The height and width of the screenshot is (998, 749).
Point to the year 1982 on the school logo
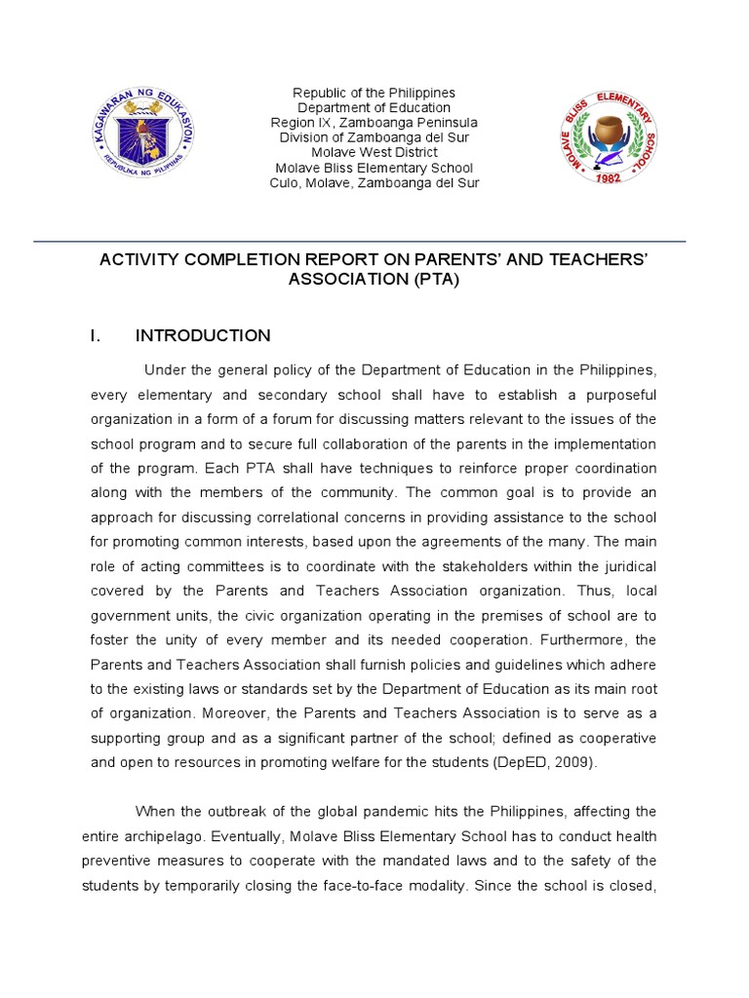coord(610,180)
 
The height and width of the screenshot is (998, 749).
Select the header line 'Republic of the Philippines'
coord(374,93)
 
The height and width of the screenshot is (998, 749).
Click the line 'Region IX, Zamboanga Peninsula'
coord(374,123)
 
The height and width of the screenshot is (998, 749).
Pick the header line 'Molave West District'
coord(374,152)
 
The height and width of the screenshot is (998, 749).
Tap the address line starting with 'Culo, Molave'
coord(374,182)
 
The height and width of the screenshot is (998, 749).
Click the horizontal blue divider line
coord(360,241)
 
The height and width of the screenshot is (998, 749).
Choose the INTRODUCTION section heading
coord(203,336)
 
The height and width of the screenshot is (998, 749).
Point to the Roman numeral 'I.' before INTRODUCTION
coord(96,336)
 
